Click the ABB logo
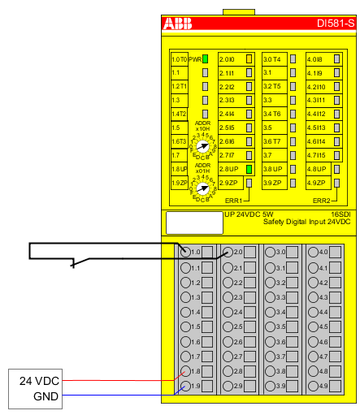click(x=178, y=24)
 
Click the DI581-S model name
click(x=336, y=24)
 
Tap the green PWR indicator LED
click(x=206, y=59)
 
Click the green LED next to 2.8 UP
click(x=249, y=168)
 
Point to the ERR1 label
click(x=235, y=200)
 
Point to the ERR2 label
click(x=322, y=200)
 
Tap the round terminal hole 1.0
click(x=186, y=253)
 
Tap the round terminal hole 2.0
click(x=228, y=253)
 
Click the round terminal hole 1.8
click(x=186, y=371)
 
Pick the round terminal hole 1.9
click(x=186, y=386)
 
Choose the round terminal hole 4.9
click(x=312, y=386)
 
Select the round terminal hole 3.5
click(x=270, y=326)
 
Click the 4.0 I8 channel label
click(x=315, y=59)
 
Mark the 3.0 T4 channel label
click(x=271, y=59)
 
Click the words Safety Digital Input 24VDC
click(x=308, y=221)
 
